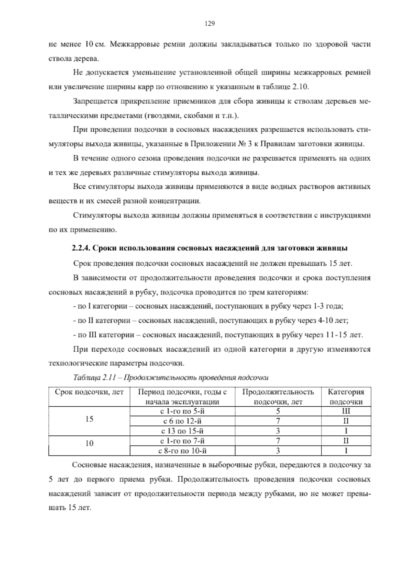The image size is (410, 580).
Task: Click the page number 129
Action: tap(209, 24)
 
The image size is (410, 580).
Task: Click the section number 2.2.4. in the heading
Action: tap(81, 248)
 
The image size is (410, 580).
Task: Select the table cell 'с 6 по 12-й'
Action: tap(184, 421)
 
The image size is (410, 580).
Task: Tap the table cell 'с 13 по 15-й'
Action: tap(184, 431)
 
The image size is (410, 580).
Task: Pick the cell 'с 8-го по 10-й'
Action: tap(184, 451)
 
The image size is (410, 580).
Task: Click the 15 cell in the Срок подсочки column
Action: tap(89, 419)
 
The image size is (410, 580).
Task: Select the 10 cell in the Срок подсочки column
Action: tap(89, 444)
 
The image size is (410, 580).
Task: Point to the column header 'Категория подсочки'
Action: tap(346, 397)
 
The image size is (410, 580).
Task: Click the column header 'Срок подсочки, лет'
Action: tap(89, 392)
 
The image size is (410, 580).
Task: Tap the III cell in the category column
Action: tap(346, 411)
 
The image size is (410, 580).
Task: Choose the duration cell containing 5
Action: tap(278, 411)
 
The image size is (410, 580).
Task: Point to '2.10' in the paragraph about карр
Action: tap(301, 87)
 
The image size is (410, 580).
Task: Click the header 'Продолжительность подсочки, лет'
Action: tap(278, 397)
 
